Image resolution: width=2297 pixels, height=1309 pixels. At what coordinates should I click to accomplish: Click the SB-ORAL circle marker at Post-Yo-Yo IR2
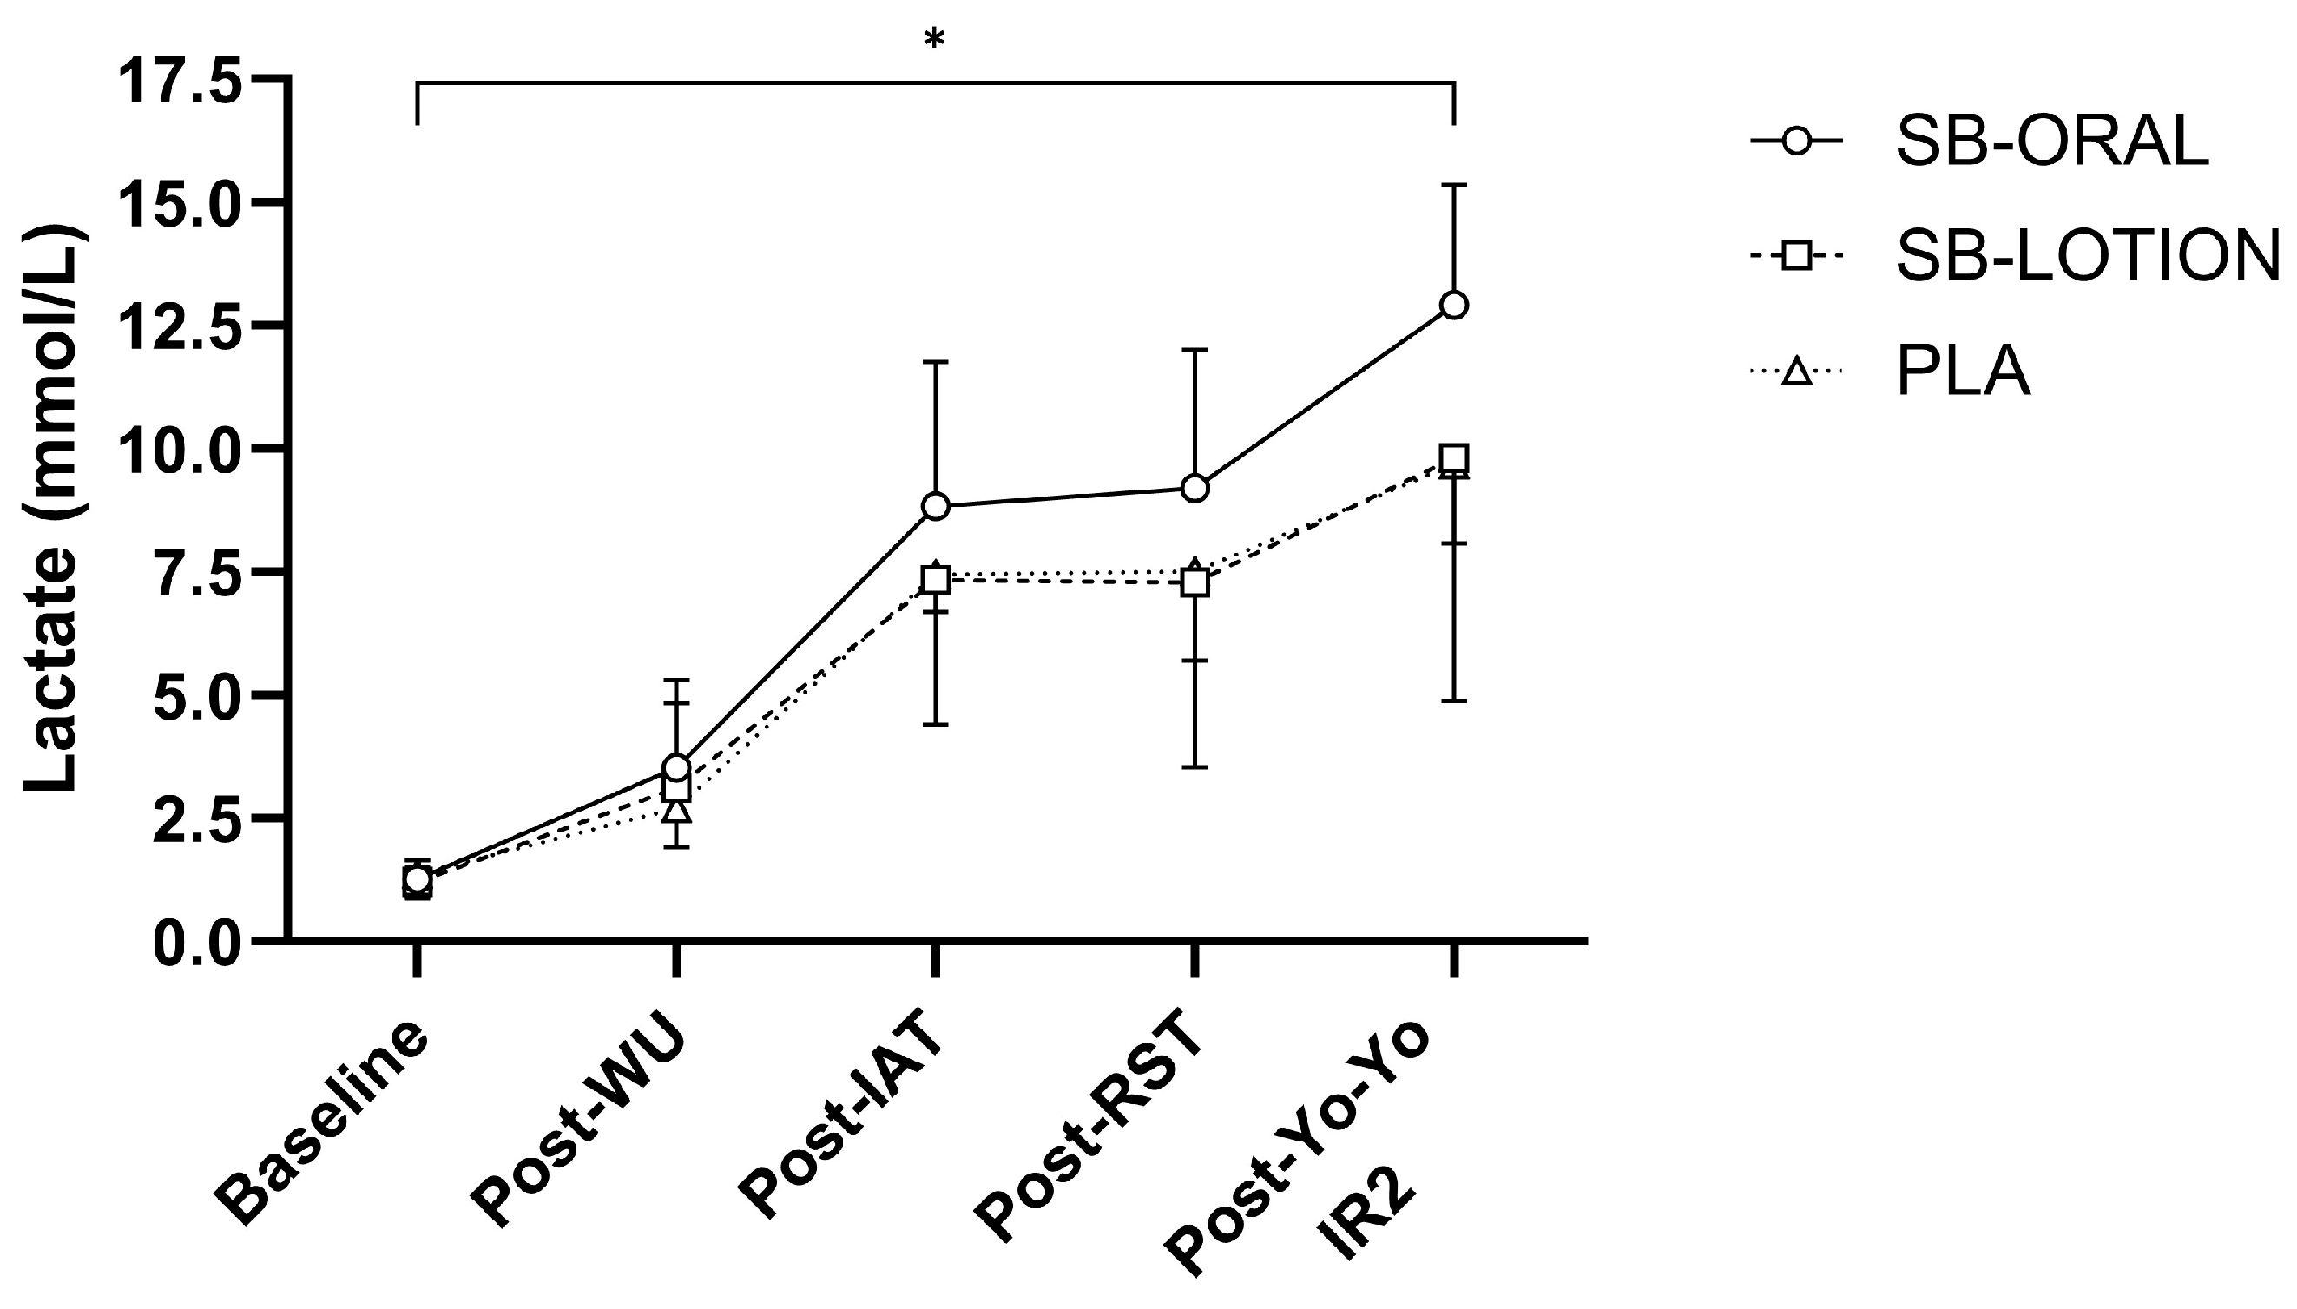tap(1454, 306)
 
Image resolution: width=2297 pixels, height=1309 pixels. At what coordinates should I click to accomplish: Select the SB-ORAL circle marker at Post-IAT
tap(936, 506)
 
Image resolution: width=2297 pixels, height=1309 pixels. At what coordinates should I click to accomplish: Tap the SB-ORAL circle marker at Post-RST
tap(1195, 488)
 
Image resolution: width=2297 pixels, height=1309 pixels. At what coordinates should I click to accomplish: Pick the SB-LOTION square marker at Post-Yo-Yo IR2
tap(1454, 458)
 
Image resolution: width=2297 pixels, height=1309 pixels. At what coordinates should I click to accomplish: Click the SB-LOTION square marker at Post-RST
tap(1195, 583)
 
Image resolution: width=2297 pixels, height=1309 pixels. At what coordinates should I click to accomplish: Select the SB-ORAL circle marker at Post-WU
tap(677, 766)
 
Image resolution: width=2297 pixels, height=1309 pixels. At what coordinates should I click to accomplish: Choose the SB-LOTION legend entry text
tap(2089, 256)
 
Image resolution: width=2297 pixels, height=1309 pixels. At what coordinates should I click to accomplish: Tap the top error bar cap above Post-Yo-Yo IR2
tap(1454, 184)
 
